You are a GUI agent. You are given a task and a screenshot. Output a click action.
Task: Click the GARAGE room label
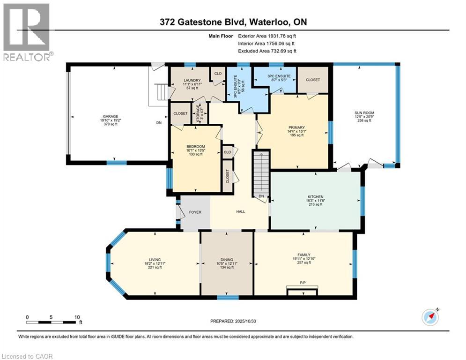pyautogui.click(x=111, y=116)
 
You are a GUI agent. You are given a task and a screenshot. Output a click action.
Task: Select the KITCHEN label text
pyautogui.click(x=316, y=196)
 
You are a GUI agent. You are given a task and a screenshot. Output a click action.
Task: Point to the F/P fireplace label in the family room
pyautogui.click(x=303, y=283)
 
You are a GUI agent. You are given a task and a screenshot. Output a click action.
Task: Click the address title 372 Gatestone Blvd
pyautogui.click(x=233, y=22)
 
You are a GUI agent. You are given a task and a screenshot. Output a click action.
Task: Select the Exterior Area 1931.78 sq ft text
pyautogui.click(x=267, y=36)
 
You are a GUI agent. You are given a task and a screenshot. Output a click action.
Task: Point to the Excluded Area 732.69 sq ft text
pyautogui.click(x=267, y=51)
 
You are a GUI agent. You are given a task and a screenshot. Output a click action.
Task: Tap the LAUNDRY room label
pyautogui.click(x=192, y=81)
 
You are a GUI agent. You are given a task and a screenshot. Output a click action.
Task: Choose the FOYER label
pyautogui.click(x=195, y=212)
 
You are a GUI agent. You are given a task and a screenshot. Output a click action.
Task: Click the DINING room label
pyautogui.click(x=227, y=260)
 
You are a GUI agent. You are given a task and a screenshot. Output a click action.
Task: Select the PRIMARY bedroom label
pyautogui.click(x=296, y=127)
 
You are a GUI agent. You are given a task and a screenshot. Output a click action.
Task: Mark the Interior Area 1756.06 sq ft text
pyautogui.click(x=267, y=43)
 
